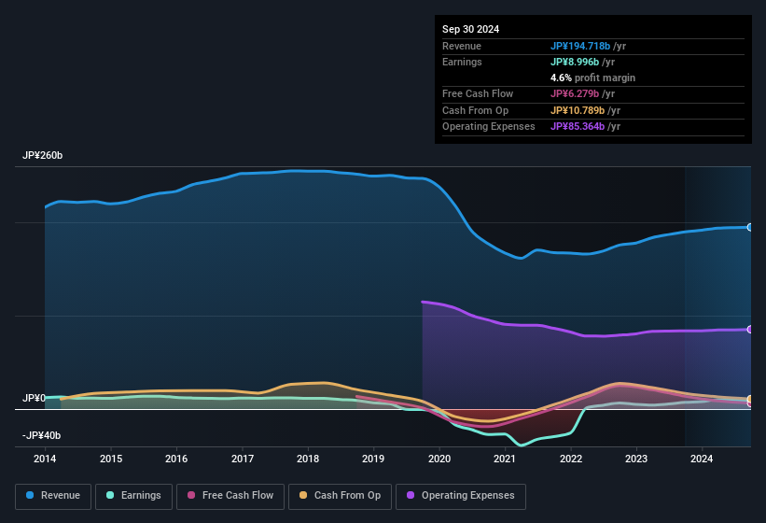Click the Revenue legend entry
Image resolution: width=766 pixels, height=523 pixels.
tap(53, 495)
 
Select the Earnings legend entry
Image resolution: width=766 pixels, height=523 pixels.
tap(133, 495)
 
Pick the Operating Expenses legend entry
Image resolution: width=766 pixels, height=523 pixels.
tap(461, 495)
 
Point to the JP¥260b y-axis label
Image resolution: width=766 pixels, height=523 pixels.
tap(42, 156)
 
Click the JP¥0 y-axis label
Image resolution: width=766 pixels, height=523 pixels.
tap(34, 399)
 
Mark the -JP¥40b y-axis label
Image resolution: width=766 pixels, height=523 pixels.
tap(41, 436)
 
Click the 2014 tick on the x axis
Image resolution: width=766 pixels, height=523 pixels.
tap(45, 459)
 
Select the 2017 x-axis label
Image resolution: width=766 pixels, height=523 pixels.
tap(243, 459)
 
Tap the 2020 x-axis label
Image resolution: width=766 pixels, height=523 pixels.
tap(439, 459)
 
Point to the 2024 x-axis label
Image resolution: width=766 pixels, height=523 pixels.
tap(702, 459)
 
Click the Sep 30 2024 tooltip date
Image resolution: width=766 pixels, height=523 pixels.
tap(470, 29)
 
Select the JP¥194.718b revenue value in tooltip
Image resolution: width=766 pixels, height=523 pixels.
tap(580, 46)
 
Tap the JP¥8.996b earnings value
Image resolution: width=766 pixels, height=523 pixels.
tap(575, 62)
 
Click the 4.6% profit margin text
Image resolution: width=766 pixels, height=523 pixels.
tap(592, 78)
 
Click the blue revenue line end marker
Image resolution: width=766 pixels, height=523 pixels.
tap(749, 227)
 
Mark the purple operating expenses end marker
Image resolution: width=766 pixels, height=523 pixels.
tap(749, 330)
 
